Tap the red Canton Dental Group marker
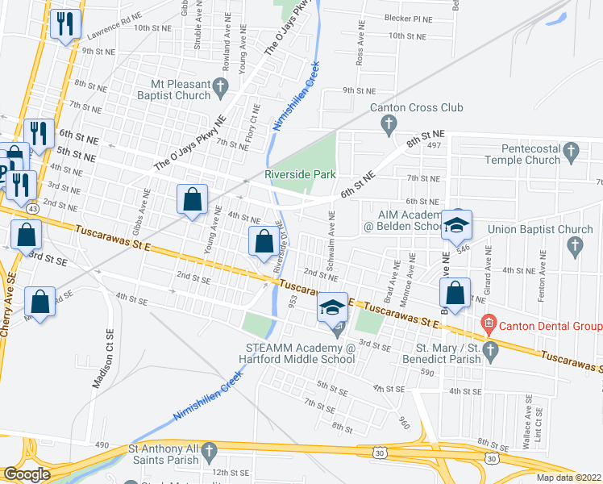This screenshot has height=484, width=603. (x=487, y=326)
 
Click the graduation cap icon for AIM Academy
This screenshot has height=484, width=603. (x=456, y=227)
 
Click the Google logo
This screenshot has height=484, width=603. (x=27, y=474)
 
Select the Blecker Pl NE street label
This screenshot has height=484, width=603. (x=408, y=19)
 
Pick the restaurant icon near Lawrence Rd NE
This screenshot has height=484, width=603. (x=65, y=24)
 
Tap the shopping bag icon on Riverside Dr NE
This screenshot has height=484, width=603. (x=264, y=241)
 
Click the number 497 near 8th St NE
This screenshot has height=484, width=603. (x=435, y=145)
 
